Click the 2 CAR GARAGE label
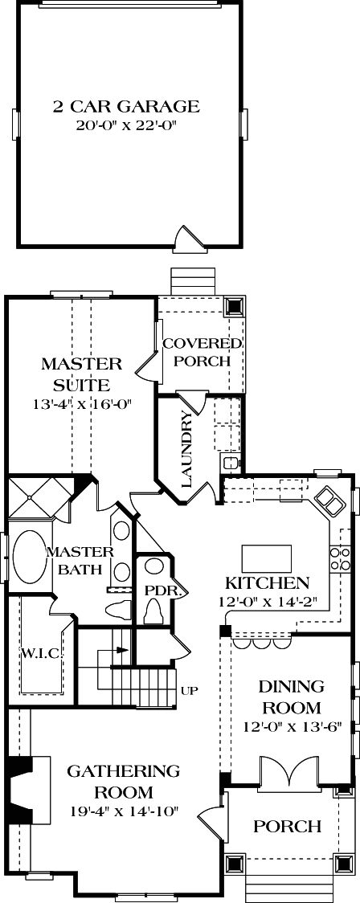pyautogui.click(x=126, y=107)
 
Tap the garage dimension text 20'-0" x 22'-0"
pyautogui.click(x=126, y=125)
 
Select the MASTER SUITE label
pyautogui.click(x=81, y=374)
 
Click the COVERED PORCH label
pyautogui.click(x=202, y=353)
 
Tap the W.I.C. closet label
pyautogui.click(x=41, y=654)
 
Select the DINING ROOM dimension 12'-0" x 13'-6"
pyautogui.click(x=290, y=726)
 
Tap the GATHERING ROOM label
pyautogui.click(x=123, y=780)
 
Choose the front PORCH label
pyautogui.click(x=288, y=827)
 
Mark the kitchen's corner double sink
pyautogui.click(x=328, y=501)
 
